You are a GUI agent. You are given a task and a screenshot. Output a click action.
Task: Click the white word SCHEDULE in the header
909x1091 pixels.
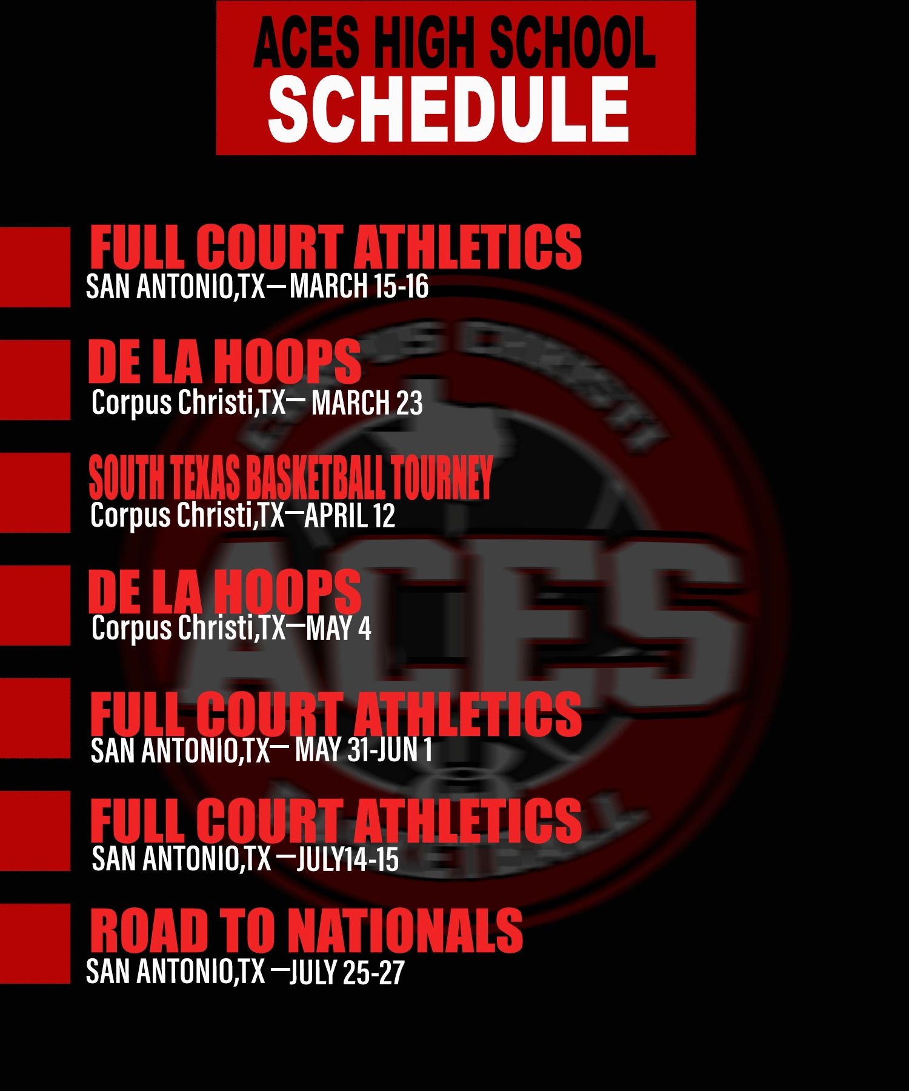(448, 110)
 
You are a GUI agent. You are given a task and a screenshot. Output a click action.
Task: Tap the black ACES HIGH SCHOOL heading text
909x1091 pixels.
(454, 42)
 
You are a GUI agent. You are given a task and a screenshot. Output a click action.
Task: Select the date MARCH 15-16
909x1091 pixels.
(359, 285)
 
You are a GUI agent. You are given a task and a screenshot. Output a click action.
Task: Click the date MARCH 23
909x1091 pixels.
(367, 402)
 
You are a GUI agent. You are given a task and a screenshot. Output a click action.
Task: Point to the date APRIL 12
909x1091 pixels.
(350, 515)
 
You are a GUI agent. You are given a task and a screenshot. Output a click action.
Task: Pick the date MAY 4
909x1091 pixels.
(339, 628)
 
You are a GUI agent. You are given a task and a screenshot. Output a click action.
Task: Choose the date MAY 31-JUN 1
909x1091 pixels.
(364, 750)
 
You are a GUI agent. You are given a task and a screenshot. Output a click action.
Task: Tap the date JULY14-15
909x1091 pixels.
(347, 859)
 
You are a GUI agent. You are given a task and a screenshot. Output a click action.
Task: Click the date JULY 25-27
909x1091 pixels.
(347, 972)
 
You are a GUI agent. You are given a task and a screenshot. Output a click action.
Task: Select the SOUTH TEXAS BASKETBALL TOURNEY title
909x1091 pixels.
(291, 478)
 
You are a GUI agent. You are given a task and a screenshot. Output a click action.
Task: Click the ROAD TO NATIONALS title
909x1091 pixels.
(307, 930)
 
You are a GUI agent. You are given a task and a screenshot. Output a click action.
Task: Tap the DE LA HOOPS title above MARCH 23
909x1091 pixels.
(224, 361)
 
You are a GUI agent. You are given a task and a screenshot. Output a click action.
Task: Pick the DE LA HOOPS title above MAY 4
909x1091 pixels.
(224, 590)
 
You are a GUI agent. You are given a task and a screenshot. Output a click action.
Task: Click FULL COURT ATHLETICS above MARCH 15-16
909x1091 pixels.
(336, 247)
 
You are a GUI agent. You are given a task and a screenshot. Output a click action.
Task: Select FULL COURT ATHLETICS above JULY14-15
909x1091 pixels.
(336, 820)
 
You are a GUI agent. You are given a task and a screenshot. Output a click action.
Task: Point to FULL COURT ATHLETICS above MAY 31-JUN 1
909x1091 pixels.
(336, 714)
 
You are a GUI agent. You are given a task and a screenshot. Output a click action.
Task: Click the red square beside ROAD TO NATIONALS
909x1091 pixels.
(35, 944)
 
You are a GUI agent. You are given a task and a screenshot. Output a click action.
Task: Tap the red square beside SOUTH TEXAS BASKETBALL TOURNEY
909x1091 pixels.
(35, 493)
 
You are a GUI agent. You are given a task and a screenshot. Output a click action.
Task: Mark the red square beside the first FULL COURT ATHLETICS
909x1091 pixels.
(35, 267)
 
